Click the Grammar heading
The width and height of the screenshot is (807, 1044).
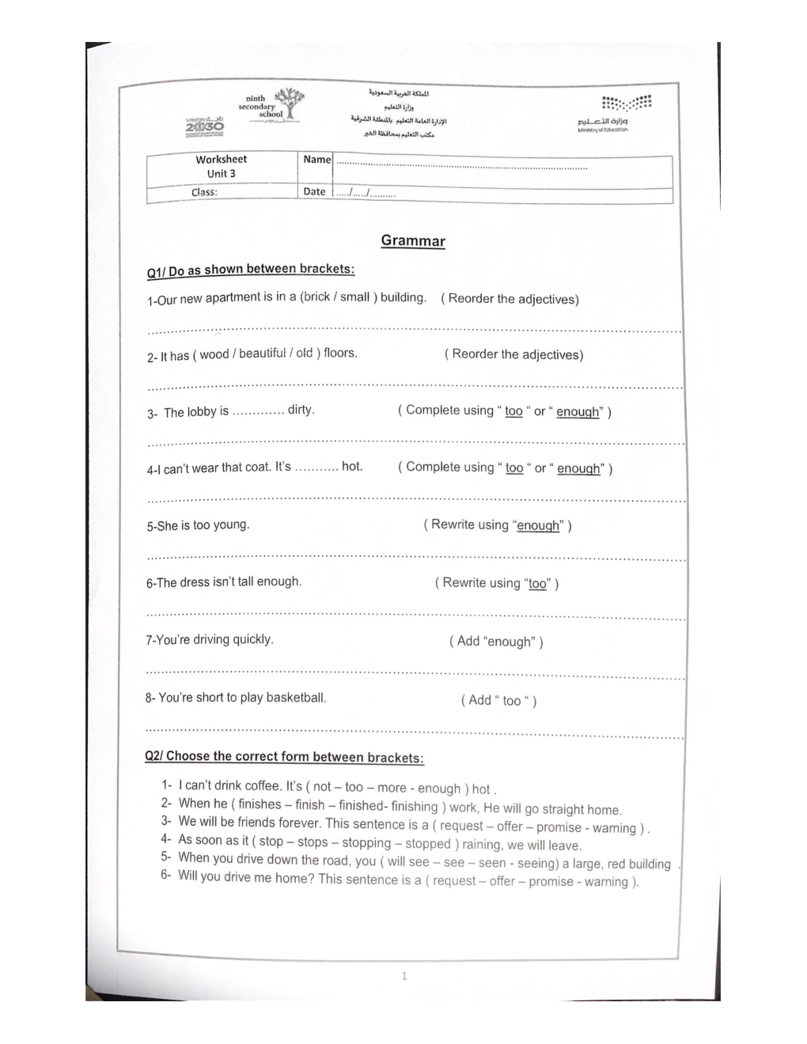pos(413,241)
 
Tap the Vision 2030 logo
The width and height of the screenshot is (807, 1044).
pos(205,125)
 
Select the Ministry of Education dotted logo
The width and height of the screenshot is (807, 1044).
pos(626,104)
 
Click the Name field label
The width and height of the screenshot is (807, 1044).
pos(316,160)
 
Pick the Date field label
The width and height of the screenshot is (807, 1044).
pos(314,191)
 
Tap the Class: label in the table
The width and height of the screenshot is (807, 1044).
pos(203,192)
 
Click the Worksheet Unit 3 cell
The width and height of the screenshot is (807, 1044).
pos(221,166)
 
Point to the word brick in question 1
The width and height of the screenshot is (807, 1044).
pos(316,297)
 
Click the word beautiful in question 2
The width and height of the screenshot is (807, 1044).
pos(262,354)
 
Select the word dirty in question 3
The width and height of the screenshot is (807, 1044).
pos(301,410)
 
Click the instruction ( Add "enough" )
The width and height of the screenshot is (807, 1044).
pos(496,641)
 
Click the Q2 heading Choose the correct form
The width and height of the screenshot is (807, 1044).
pos(284,757)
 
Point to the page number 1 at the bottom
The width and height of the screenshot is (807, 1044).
pos(404,976)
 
